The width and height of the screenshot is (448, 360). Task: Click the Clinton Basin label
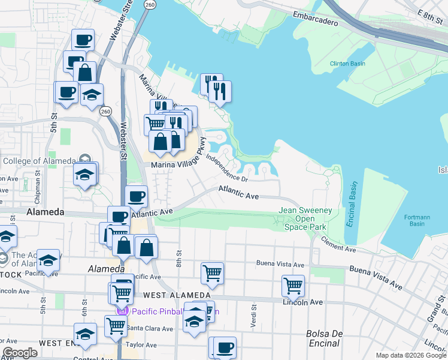[x=347, y=64]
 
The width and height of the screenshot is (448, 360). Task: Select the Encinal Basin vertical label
[x=352, y=204]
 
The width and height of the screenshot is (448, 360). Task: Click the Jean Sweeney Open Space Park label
[x=303, y=218]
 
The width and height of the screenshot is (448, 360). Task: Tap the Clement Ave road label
[x=338, y=244]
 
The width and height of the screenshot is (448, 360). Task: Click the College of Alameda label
[x=39, y=160]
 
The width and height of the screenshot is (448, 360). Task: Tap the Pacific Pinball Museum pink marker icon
[x=123, y=311]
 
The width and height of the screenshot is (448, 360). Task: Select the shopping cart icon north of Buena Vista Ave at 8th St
[x=212, y=274]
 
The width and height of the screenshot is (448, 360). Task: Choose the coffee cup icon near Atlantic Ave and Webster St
[x=137, y=196]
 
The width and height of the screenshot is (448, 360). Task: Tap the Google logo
[x=20, y=353]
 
